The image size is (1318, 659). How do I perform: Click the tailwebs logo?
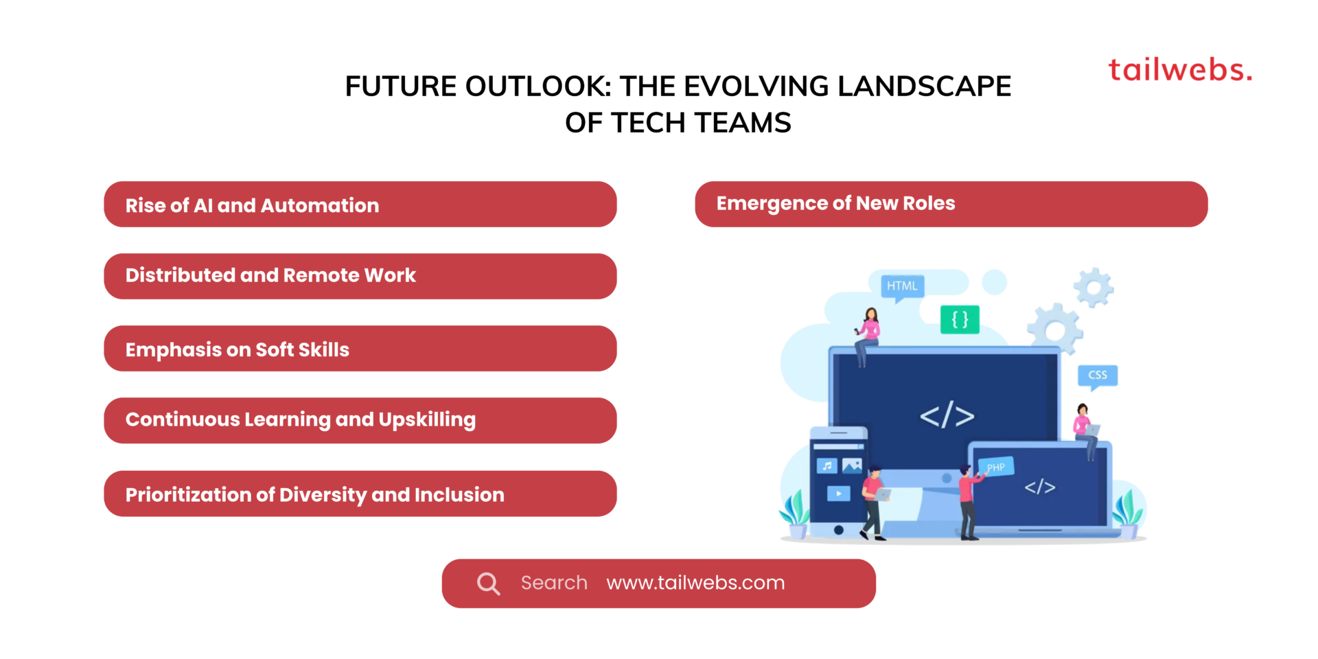[1180, 70]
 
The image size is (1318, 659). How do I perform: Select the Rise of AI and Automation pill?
[360, 205]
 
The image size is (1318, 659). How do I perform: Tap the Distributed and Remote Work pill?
[360, 276]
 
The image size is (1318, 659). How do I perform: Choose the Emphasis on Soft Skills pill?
[360, 349]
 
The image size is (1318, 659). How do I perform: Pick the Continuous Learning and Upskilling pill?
[360, 420]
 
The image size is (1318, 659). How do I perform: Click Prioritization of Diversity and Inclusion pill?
[360, 494]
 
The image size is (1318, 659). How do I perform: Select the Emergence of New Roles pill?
[951, 204]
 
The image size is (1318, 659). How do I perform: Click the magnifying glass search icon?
[488, 583]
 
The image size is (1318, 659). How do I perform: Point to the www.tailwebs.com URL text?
[695, 583]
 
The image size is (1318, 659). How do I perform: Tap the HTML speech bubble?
[902, 286]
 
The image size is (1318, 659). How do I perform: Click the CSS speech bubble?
[1097, 375]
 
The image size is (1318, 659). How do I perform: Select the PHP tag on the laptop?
[995, 467]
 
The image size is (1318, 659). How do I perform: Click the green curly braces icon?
[960, 319]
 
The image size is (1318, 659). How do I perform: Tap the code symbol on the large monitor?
[947, 416]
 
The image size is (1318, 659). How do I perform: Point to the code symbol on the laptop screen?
[1039, 487]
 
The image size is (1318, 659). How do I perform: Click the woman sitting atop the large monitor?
[868, 333]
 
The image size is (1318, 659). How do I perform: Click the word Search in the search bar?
[554, 583]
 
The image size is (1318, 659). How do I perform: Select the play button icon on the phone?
[838, 493]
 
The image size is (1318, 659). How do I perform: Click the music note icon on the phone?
[827, 466]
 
